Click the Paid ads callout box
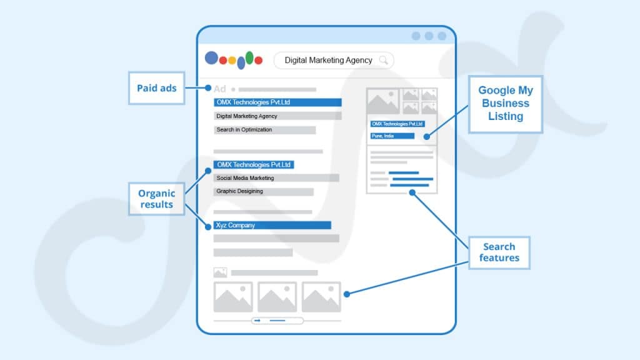click(x=157, y=88)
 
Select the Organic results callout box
click(x=157, y=199)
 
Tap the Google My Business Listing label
click(x=506, y=104)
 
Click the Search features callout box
click(x=499, y=252)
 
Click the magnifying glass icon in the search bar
click(x=384, y=60)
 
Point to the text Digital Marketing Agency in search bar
click(x=328, y=60)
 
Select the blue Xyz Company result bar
click(x=272, y=225)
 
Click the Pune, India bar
click(x=392, y=136)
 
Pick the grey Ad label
click(x=220, y=89)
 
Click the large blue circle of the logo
click(x=212, y=58)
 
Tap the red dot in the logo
click(x=223, y=60)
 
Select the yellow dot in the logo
click(x=232, y=61)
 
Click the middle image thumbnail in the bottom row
click(x=277, y=297)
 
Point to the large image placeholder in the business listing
click(x=382, y=101)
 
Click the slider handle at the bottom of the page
click(x=277, y=321)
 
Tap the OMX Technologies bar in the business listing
click(x=397, y=124)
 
